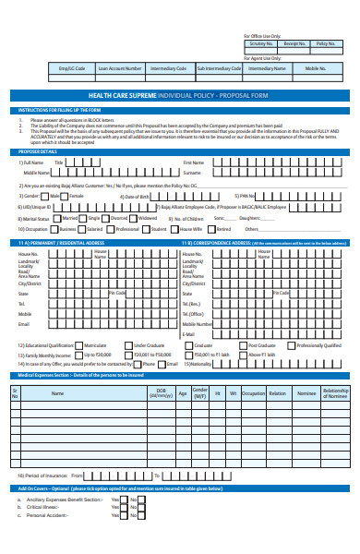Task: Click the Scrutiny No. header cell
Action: [261, 43]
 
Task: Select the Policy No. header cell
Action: [326, 43]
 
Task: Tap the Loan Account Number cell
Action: [120, 68]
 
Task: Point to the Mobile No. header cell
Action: [316, 68]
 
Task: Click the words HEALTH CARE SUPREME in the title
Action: [122, 95]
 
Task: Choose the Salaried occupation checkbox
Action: [83, 228]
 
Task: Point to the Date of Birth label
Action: [136, 197]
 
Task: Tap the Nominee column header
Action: [306, 392]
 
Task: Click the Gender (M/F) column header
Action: [198, 392]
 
